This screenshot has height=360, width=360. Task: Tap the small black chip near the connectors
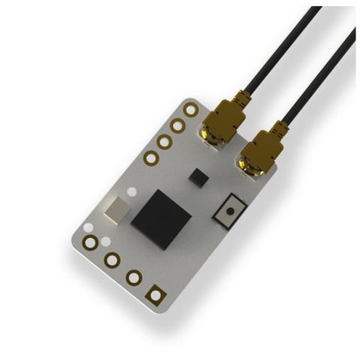pyautogui.click(x=198, y=177)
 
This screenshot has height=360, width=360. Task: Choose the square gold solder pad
pyautogui.click(x=155, y=295)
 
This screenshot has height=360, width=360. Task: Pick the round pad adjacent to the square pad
pyautogui.click(x=133, y=277)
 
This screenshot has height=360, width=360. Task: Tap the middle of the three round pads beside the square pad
pyautogui.click(x=112, y=260)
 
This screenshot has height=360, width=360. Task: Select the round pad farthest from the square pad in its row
pyautogui.click(x=91, y=241)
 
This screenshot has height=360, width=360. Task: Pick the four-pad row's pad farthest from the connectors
pyautogui.click(x=151, y=157)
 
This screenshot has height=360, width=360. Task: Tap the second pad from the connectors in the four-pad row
pyautogui.click(x=178, y=125)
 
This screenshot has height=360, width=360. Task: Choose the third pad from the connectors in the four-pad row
pyautogui.click(x=164, y=142)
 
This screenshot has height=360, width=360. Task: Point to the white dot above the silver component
pyautogui.click(x=132, y=192)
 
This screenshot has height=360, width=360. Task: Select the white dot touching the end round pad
pyautogui.click(x=106, y=241)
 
